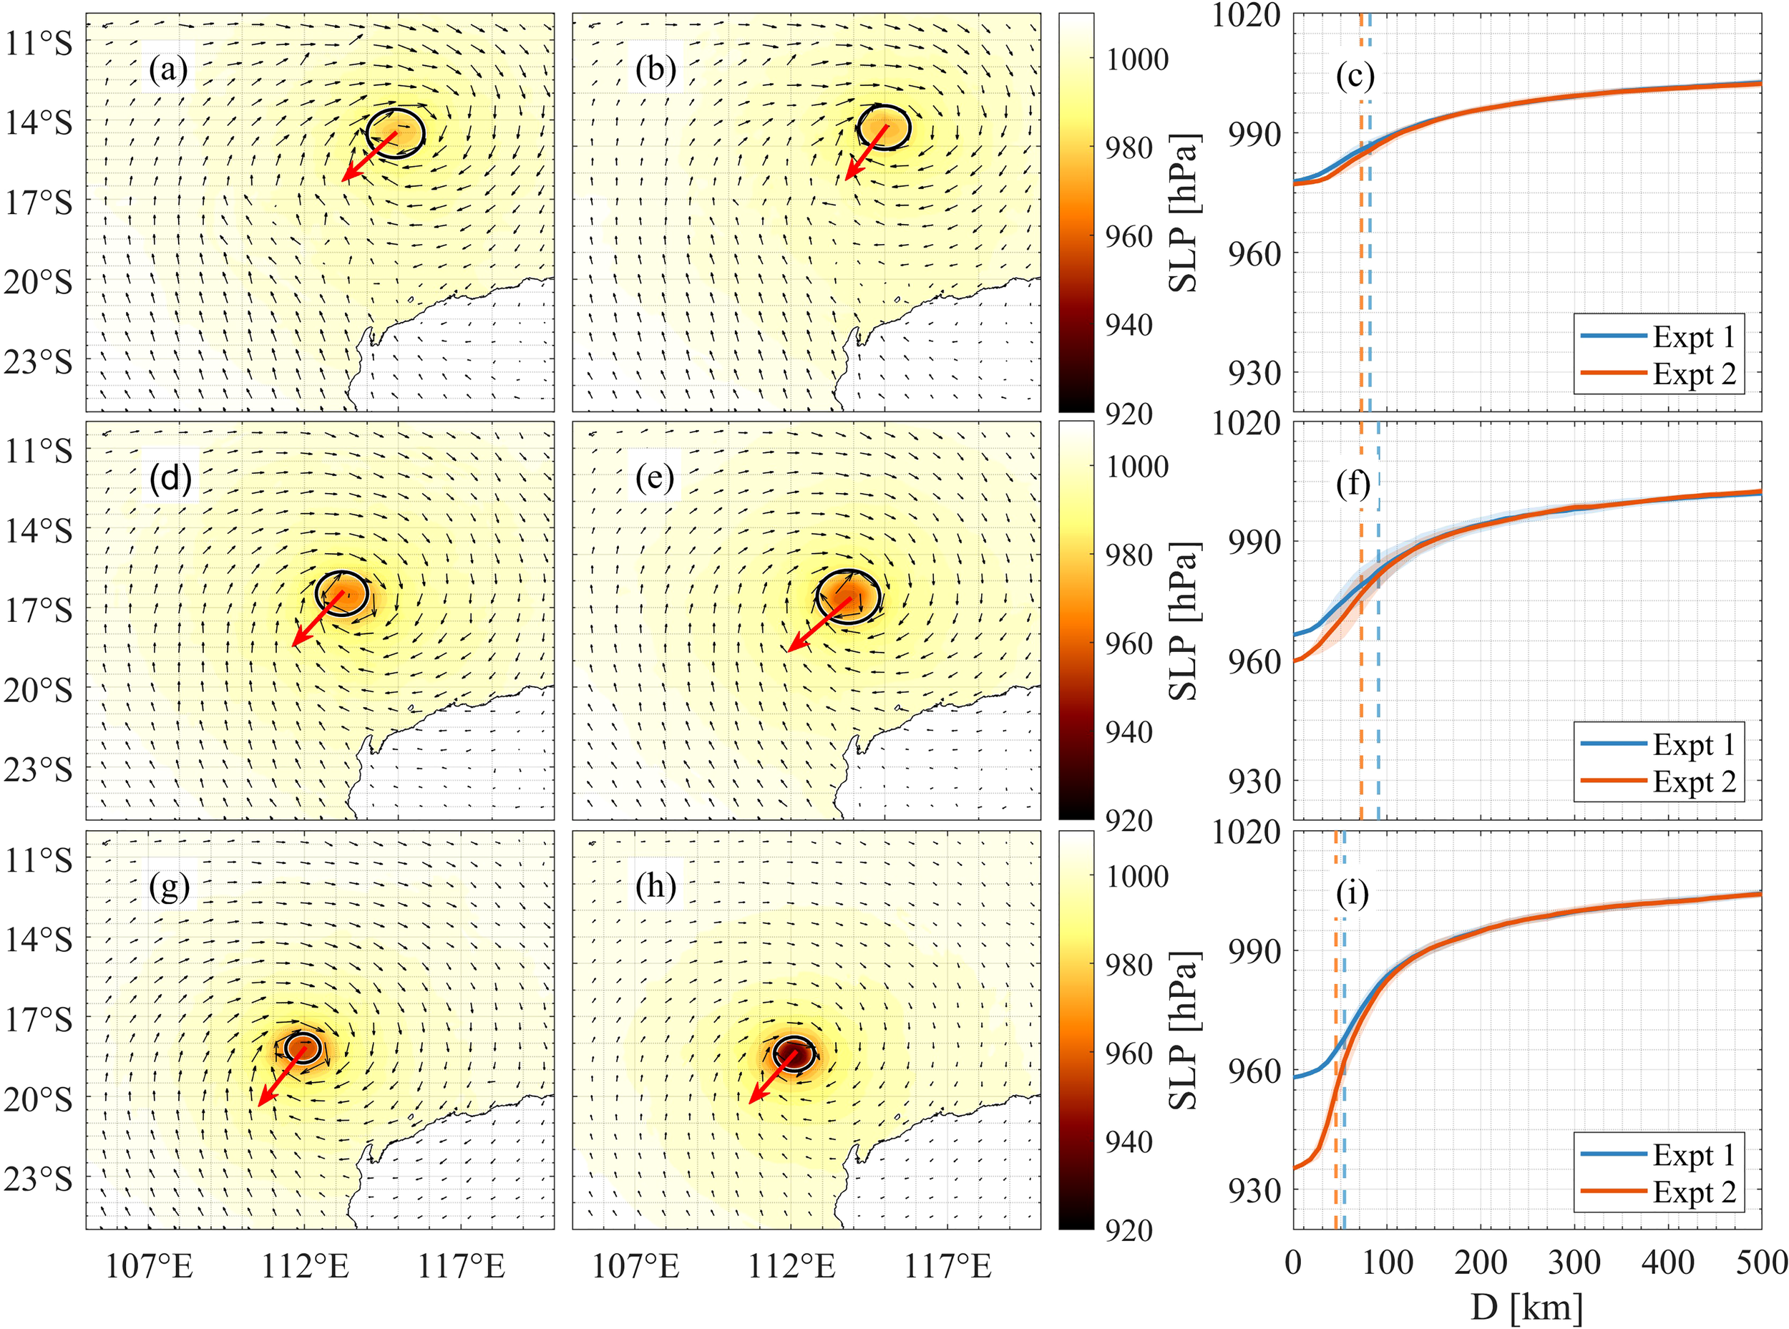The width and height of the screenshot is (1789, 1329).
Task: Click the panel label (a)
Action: tap(168, 70)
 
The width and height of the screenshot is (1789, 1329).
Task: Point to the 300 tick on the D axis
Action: tap(1574, 1263)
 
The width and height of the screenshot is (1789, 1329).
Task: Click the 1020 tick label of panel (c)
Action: tap(1246, 15)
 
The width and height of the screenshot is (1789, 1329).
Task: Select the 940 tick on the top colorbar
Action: tap(1129, 325)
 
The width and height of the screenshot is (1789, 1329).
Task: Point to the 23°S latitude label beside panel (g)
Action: tap(39, 1179)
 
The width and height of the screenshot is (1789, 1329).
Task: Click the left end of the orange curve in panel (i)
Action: tap(1296, 1167)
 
